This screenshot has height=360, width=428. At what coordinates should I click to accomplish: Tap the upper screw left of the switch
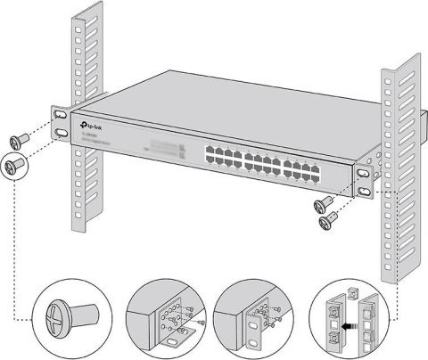tap(21, 141)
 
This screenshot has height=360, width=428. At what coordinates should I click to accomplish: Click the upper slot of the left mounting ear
tap(59, 115)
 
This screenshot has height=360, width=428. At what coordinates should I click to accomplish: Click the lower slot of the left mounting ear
tap(61, 134)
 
